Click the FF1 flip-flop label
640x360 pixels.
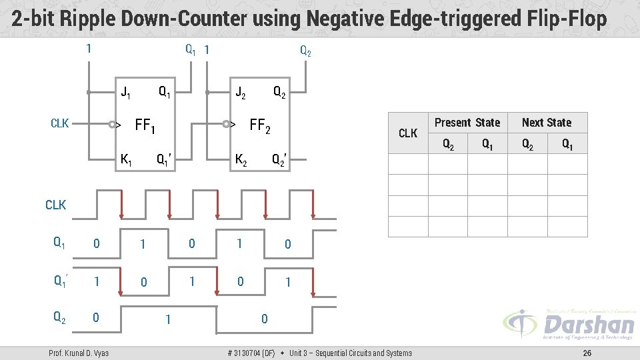[x=145, y=125]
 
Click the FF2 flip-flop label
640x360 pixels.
[x=259, y=125]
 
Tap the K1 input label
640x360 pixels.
[x=125, y=160]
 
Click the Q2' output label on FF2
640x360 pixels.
[x=280, y=160]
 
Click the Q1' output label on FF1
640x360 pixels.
[x=165, y=160]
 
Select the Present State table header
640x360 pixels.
[x=467, y=123]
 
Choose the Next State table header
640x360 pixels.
[x=547, y=123]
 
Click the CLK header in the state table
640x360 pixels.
[x=408, y=133]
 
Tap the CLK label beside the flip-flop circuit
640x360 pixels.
[x=60, y=123]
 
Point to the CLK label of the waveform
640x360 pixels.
[x=55, y=205]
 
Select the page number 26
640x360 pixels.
[x=587, y=353]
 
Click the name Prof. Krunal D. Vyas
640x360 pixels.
[x=79, y=353]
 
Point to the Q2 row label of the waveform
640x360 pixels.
[x=59, y=318]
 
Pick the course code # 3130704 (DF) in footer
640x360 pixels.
[x=251, y=353]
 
